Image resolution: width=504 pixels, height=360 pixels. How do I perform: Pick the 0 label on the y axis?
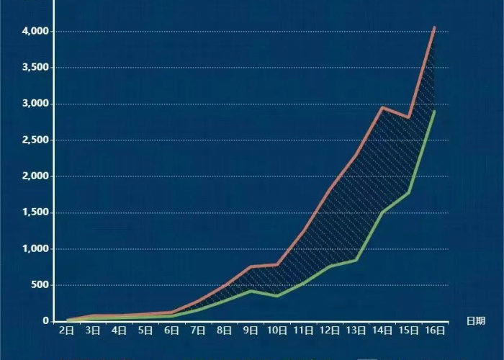45,321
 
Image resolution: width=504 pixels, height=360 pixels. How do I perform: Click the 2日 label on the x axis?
67,331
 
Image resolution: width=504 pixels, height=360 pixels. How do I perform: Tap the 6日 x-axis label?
172,331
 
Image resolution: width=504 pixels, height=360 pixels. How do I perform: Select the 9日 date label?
251,331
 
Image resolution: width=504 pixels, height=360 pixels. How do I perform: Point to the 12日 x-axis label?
329,331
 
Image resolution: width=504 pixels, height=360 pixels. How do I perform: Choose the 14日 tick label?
382,331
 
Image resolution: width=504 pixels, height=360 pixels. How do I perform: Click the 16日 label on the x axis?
434,331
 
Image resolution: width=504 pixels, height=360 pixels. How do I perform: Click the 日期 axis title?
475,320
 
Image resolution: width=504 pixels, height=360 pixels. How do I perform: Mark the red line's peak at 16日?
434,27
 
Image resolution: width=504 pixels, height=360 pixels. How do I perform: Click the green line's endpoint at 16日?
434,112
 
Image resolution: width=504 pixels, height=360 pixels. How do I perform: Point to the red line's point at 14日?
382,107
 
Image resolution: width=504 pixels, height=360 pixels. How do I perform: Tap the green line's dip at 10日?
276,296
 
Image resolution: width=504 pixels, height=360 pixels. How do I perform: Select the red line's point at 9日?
251,266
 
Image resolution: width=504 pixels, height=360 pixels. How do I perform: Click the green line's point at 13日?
356,260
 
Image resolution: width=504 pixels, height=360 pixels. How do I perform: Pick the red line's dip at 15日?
408,117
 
